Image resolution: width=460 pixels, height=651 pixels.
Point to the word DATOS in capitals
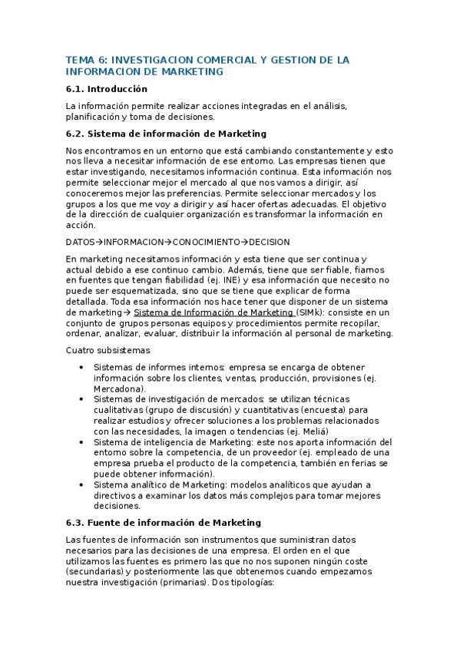[81, 242]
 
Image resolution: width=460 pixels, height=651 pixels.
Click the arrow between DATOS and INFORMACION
[100, 242]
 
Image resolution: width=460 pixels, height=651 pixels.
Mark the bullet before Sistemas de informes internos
[82, 368]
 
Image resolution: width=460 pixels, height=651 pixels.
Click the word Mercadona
[118, 389]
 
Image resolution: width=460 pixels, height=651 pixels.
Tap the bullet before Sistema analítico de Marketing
[82, 485]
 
